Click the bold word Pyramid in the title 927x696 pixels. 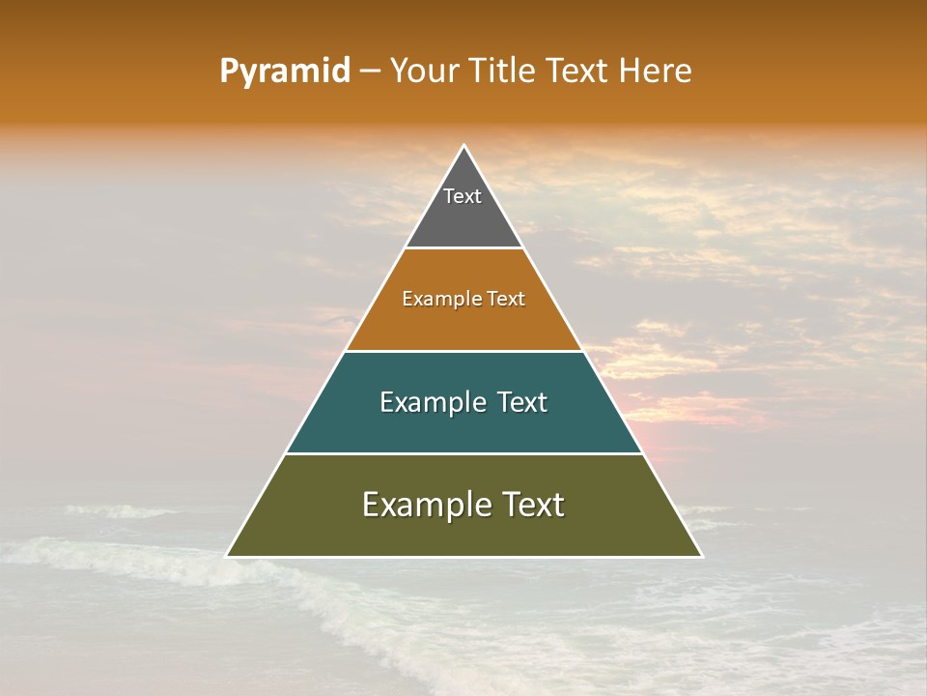pos(284,72)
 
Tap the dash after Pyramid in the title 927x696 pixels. pos(370,72)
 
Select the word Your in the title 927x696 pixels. pos(421,72)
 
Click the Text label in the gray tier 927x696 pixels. pos(463,196)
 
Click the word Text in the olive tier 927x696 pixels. pos(531,505)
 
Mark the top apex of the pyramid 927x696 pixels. pos(463,146)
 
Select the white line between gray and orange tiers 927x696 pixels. pos(463,248)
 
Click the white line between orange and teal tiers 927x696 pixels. pos(463,351)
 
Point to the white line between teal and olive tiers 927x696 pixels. pos(463,453)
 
